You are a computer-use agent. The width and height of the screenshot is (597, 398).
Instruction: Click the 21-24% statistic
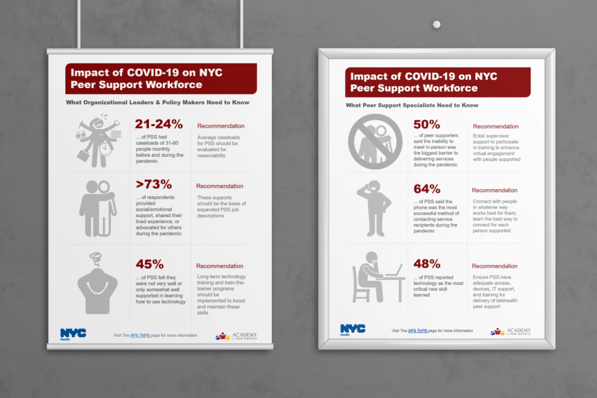coord(159,124)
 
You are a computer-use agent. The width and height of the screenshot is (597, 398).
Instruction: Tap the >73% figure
coord(154,184)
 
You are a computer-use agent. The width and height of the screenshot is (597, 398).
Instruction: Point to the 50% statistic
coord(427,124)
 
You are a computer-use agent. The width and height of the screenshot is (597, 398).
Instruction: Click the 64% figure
coord(427,189)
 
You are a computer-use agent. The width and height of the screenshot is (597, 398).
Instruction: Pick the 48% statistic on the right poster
coord(427,264)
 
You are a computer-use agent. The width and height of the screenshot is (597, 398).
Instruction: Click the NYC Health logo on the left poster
coord(73,334)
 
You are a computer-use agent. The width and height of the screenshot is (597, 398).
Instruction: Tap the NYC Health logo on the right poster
coord(352,330)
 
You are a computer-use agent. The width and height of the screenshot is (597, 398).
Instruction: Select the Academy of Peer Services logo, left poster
coord(236,336)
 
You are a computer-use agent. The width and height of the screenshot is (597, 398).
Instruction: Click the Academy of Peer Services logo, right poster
coord(511,331)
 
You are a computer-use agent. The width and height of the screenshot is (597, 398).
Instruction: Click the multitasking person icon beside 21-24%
coord(97,141)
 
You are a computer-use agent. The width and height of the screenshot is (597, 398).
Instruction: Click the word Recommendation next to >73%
coord(220,186)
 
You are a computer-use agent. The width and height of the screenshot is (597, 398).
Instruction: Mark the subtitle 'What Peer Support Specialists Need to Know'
coord(412,106)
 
